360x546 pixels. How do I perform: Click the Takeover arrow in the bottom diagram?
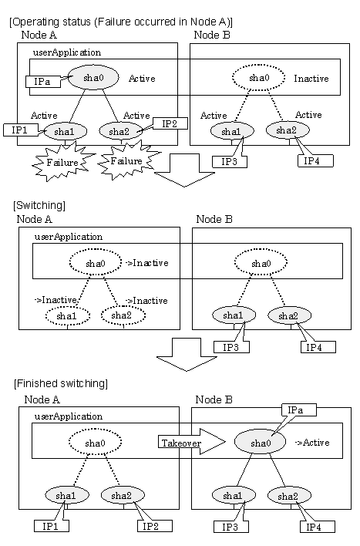pyautogui.click(x=191, y=442)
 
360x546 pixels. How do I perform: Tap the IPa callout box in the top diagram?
pyautogui.click(x=42, y=82)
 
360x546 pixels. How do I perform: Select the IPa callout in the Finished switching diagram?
pyautogui.click(x=299, y=410)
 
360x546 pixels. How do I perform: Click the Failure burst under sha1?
pyautogui.click(x=62, y=163)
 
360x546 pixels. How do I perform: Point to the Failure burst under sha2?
pyautogui.click(x=127, y=161)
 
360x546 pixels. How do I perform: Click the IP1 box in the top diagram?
pyautogui.click(x=20, y=130)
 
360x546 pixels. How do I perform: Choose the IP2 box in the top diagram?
pyautogui.click(x=170, y=123)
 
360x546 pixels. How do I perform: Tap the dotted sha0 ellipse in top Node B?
pyautogui.click(x=259, y=78)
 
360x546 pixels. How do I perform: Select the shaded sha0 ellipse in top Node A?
pyautogui.click(x=93, y=77)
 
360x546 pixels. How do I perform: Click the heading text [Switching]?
pyautogui.click(x=39, y=205)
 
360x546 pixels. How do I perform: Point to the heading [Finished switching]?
pyautogui.click(x=61, y=384)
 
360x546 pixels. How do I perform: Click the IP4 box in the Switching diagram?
pyautogui.click(x=318, y=347)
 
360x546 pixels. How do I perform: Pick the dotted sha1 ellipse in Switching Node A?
pyautogui.click(x=68, y=316)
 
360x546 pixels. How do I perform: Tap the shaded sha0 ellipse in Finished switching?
pyautogui.click(x=260, y=443)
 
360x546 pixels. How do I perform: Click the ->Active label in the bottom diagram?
pyautogui.click(x=312, y=443)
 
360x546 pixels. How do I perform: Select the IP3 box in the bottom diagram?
pyautogui.click(x=230, y=527)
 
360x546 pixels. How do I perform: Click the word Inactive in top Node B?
pyautogui.click(x=311, y=79)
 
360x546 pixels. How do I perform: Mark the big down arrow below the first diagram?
pyautogui.click(x=184, y=170)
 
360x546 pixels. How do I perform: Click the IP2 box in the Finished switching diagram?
pyautogui.click(x=155, y=526)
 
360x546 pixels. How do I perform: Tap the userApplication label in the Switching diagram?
pyautogui.click(x=69, y=237)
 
